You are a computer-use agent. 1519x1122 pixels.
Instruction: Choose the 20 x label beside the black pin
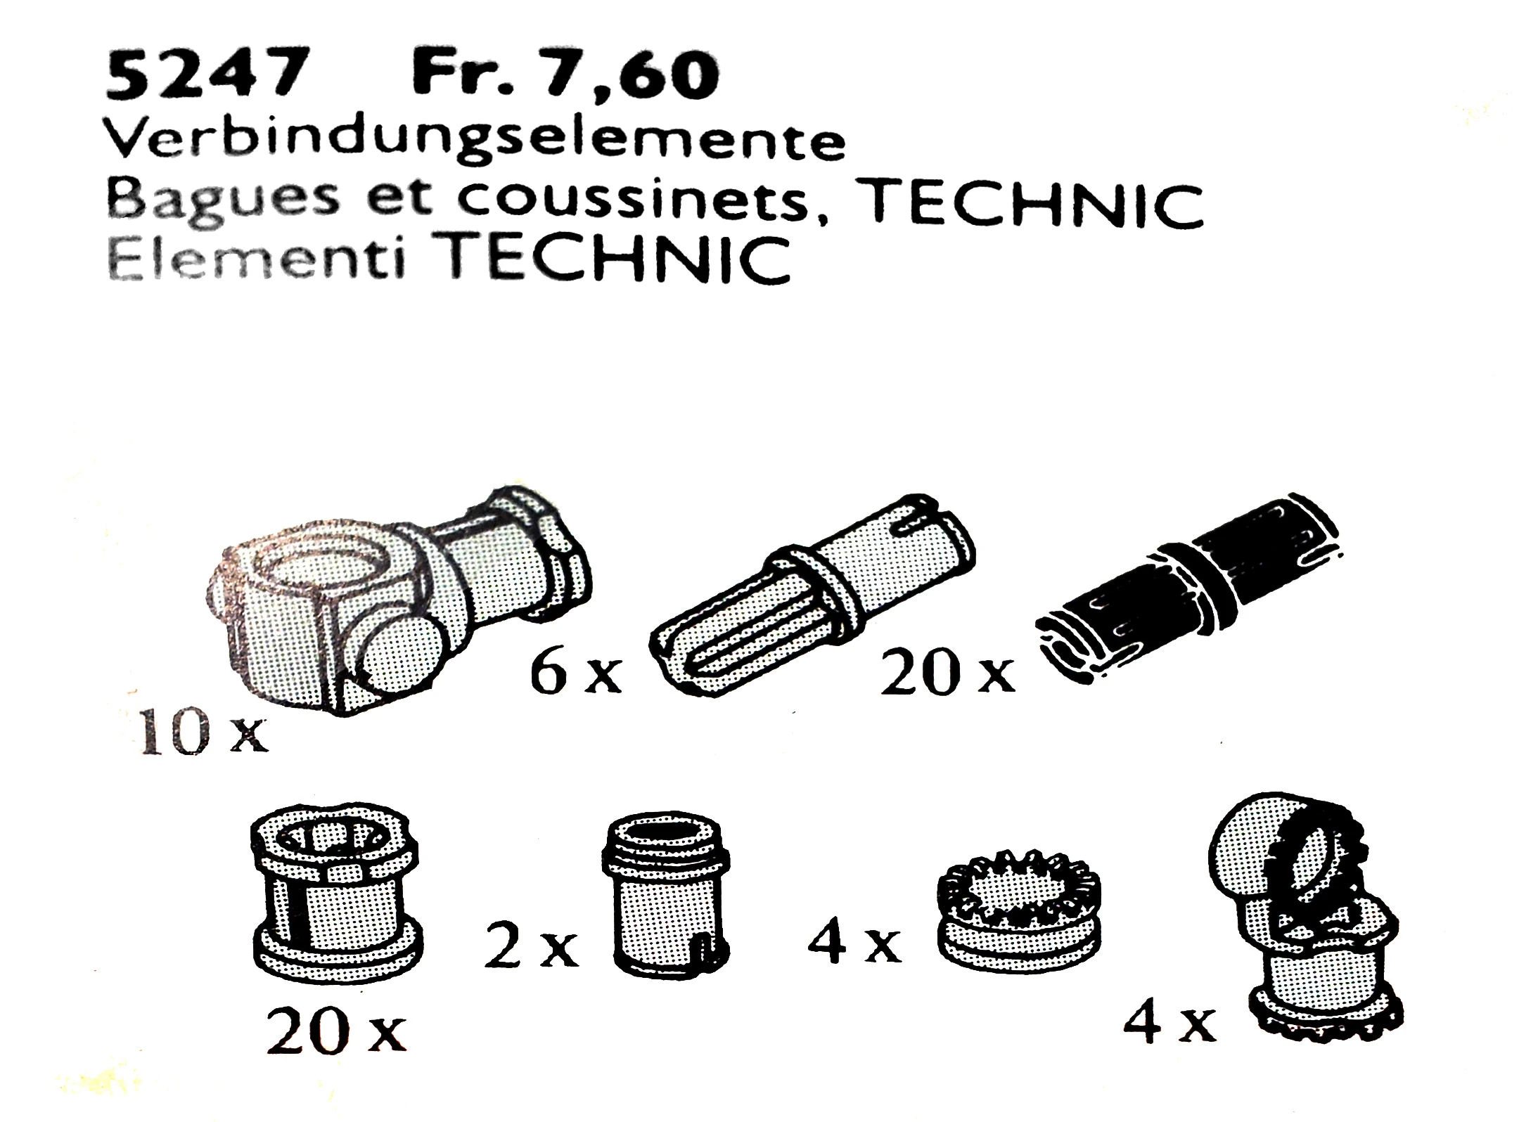coord(949,671)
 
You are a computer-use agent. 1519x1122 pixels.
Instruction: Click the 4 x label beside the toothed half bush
coord(854,944)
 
